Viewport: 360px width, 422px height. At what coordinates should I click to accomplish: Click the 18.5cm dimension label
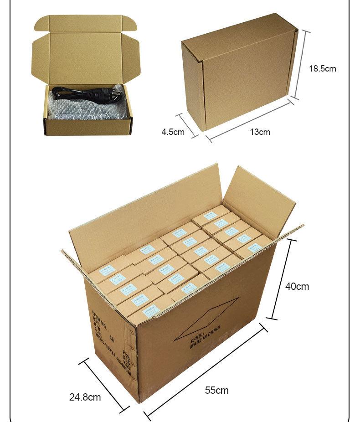322,69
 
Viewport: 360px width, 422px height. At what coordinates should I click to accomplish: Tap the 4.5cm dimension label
173,132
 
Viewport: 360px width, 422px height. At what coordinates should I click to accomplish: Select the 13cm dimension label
260,132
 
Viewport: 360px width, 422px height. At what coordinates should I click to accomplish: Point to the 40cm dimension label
297,286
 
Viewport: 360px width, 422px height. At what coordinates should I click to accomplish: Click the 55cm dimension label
216,390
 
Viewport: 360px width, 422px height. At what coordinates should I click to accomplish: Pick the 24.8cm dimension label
85,397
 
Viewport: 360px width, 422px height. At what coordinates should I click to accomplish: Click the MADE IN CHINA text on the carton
205,338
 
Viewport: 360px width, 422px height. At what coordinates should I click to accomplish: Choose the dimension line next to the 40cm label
282,278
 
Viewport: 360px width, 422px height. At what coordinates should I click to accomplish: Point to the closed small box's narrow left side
193,87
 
